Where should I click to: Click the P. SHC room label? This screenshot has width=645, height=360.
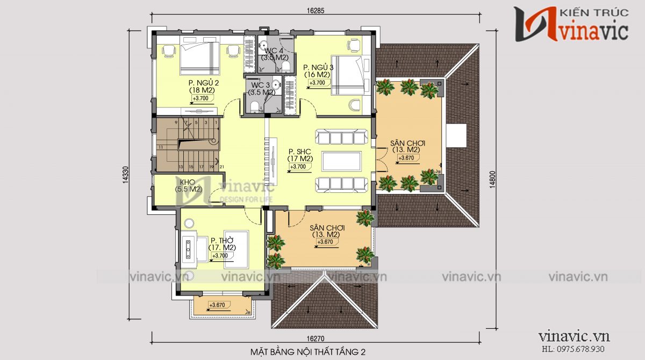point(300,155)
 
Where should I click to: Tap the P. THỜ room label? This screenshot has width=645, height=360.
point(221,244)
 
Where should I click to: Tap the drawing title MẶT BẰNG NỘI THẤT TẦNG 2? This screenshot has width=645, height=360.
point(308,352)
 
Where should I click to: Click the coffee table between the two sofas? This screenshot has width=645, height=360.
point(342,161)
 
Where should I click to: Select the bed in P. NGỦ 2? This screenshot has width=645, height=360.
point(199,59)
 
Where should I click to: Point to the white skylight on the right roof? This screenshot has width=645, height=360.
point(456,135)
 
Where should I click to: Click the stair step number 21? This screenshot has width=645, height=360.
point(221,167)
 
